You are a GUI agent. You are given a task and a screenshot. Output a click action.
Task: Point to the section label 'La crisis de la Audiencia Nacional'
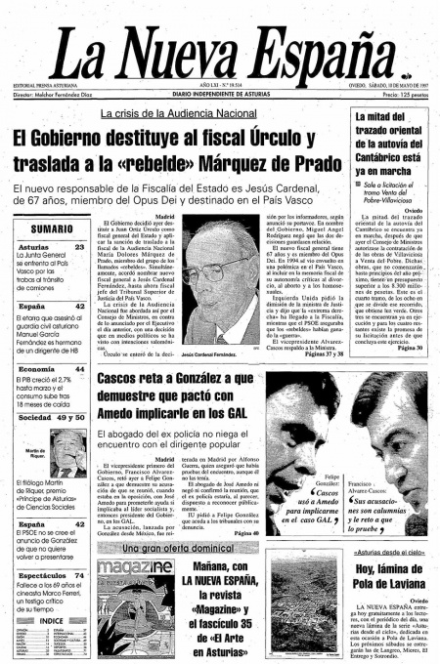pyautogui.click(x=185, y=114)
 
